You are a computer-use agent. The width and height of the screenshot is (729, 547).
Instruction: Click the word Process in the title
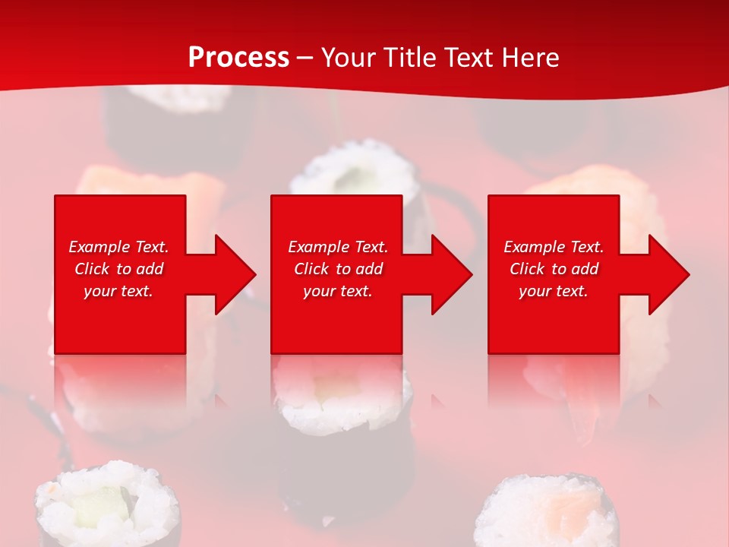click(x=238, y=58)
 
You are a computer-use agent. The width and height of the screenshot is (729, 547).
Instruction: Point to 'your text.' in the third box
click(x=554, y=291)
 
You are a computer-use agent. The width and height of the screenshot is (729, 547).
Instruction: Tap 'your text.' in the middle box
click(x=337, y=291)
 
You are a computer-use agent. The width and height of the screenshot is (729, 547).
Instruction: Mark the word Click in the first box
click(x=91, y=269)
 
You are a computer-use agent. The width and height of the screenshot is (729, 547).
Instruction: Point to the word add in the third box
click(x=585, y=269)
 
